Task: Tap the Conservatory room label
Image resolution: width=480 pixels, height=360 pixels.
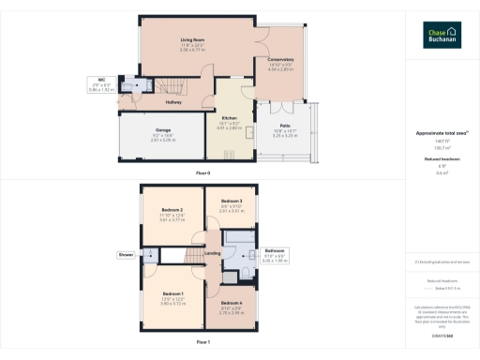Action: click(x=280, y=60)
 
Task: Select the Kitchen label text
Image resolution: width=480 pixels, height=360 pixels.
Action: click(x=230, y=117)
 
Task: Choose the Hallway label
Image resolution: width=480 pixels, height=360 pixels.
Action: click(x=173, y=102)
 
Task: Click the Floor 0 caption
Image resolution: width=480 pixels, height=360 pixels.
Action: click(x=202, y=173)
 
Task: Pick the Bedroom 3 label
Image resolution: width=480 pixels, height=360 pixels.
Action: click(x=232, y=202)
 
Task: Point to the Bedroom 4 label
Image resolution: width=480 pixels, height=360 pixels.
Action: click(x=232, y=304)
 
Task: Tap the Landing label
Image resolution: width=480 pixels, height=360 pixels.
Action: click(x=213, y=253)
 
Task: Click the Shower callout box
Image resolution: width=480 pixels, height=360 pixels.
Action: click(x=126, y=254)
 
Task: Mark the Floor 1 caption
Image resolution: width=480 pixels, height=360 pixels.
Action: click(x=202, y=343)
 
